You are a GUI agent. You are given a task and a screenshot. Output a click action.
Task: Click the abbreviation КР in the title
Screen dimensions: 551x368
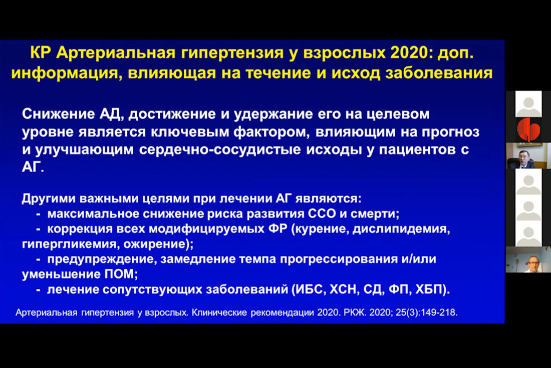pyautogui.click(x=41, y=53)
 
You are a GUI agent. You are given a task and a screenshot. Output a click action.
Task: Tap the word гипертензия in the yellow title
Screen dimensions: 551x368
pyautogui.click(x=232, y=53)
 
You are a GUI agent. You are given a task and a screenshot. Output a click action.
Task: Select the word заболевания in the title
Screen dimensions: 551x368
pyautogui.click(x=439, y=73)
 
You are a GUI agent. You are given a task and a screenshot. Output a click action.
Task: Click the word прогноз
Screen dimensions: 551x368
pyautogui.click(x=450, y=132)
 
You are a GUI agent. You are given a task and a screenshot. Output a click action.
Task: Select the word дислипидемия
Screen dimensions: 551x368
pyautogui.click(x=401, y=229)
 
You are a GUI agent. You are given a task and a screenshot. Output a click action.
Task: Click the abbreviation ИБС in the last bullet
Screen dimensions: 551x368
pyautogui.click(x=308, y=290)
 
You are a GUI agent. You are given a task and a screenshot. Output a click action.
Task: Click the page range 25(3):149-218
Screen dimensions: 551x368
pyautogui.click(x=426, y=312)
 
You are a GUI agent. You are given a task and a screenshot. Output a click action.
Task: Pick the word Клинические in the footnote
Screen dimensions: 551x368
pyautogui.click(x=219, y=312)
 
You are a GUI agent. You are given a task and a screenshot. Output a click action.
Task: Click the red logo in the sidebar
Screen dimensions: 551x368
pyautogui.click(x=528, y=130)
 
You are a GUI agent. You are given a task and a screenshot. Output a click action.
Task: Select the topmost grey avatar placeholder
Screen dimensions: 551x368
pyautogui.click(x=528, y=104)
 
